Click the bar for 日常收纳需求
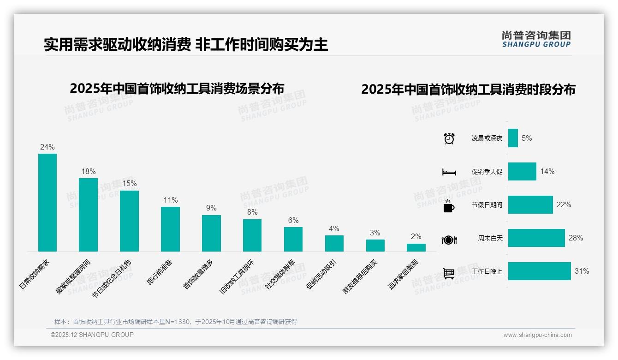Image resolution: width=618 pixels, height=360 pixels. coord(47,203)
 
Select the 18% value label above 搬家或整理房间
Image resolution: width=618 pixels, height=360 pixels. coord(88,172)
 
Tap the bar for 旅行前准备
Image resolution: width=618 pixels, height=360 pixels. coord(170,229)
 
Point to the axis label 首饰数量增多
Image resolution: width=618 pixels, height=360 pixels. coord(198,275)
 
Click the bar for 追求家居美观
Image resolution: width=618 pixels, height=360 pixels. coord(416,247)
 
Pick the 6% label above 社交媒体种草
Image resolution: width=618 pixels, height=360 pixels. coord(293,221)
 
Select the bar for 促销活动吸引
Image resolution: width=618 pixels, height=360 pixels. coord(334,243)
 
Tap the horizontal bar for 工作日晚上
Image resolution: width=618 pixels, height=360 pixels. coord(539,271)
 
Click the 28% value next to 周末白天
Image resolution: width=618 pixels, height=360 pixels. coord(576,238)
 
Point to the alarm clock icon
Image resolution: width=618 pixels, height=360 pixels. coord(449,138)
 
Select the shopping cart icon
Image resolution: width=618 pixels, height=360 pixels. coord(449,273)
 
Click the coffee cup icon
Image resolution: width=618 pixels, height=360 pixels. coord(449,206)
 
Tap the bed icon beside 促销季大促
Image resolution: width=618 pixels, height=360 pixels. coord(449,172)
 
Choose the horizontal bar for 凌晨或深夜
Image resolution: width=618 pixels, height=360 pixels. coord(513,138)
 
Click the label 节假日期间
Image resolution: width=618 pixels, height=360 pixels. coord(487,205)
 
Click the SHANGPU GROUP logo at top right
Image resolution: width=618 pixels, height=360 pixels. coord(536,39)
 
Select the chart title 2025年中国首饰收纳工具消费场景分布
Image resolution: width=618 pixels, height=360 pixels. coord(177,89)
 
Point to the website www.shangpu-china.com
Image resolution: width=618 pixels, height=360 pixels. coord(537,335)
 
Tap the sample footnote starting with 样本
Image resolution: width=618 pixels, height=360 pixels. coord(175,322)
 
